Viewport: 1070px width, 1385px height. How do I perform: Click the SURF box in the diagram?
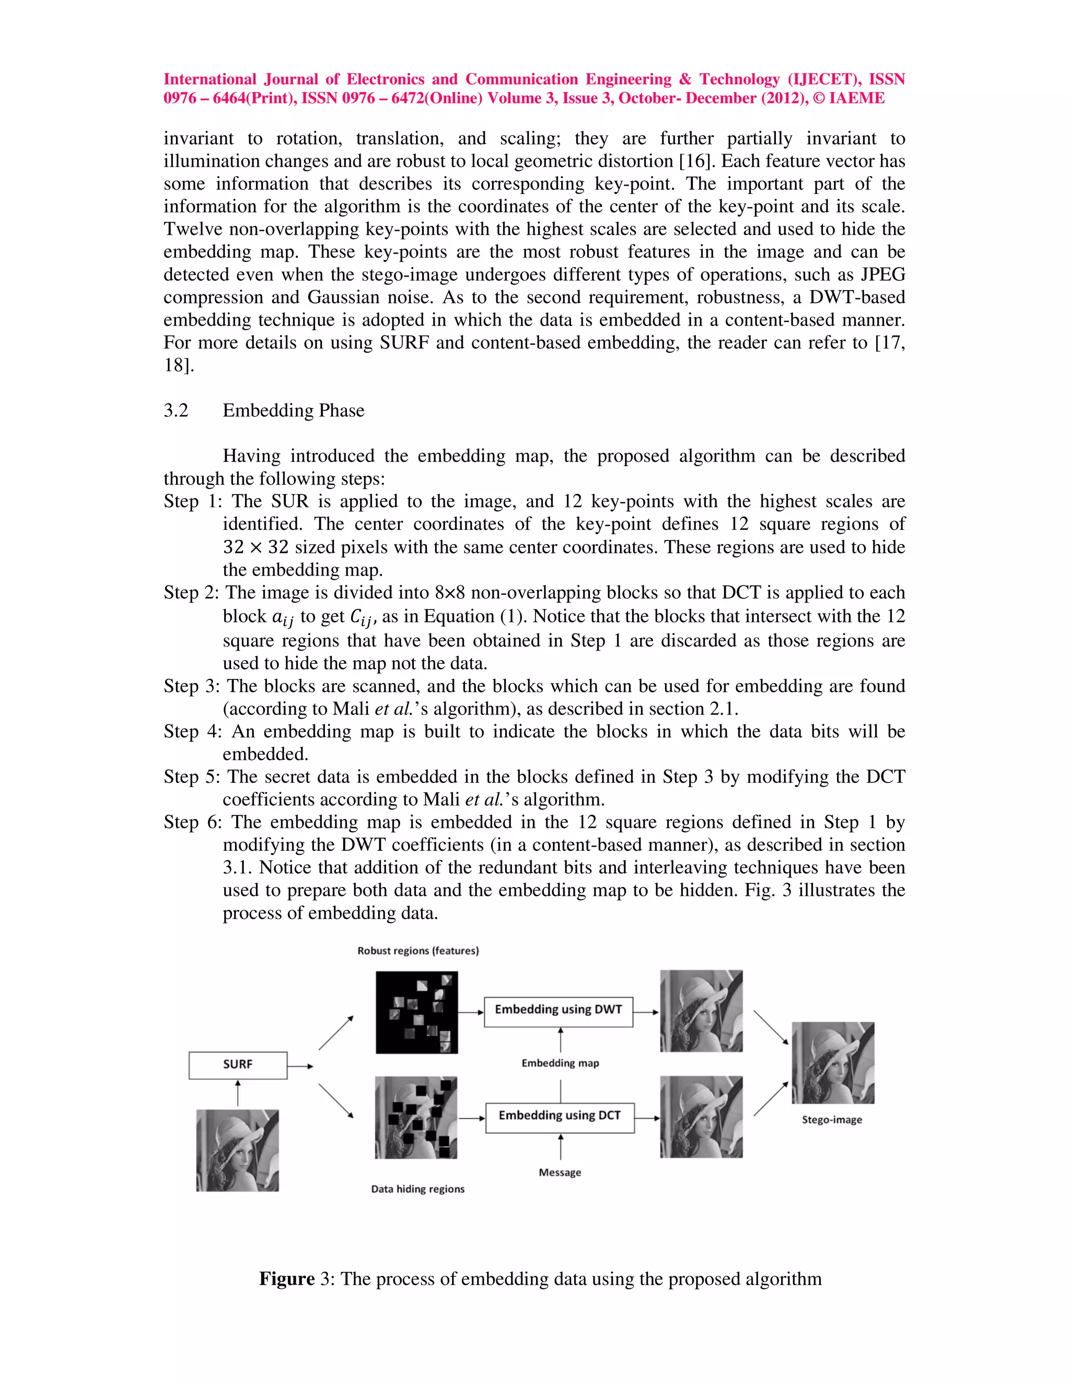pos(238,1065)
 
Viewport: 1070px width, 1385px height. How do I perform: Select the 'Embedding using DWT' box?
pos(558,1012)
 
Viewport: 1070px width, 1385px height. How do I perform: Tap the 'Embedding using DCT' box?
pos(559,1118)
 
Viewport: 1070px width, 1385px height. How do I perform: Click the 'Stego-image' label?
pos(832,1119)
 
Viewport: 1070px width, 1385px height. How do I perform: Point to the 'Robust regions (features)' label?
pos(418,951)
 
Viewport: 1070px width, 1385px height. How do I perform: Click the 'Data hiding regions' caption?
pos(418,1188)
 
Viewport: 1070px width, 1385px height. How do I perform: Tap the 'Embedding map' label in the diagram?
pos(560,1063)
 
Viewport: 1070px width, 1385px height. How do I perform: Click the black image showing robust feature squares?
pos(416,1012)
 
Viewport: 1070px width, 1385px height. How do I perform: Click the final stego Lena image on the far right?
pos(832,1063)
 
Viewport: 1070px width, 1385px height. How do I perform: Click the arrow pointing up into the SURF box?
pos(238,1093)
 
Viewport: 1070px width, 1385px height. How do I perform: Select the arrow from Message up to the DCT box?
pos(561,1147)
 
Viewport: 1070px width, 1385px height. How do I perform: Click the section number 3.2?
pos(176,410)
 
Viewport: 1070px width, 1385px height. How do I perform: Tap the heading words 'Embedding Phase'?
pos(294,410)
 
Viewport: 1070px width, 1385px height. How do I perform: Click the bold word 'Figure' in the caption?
pos(286,1278)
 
